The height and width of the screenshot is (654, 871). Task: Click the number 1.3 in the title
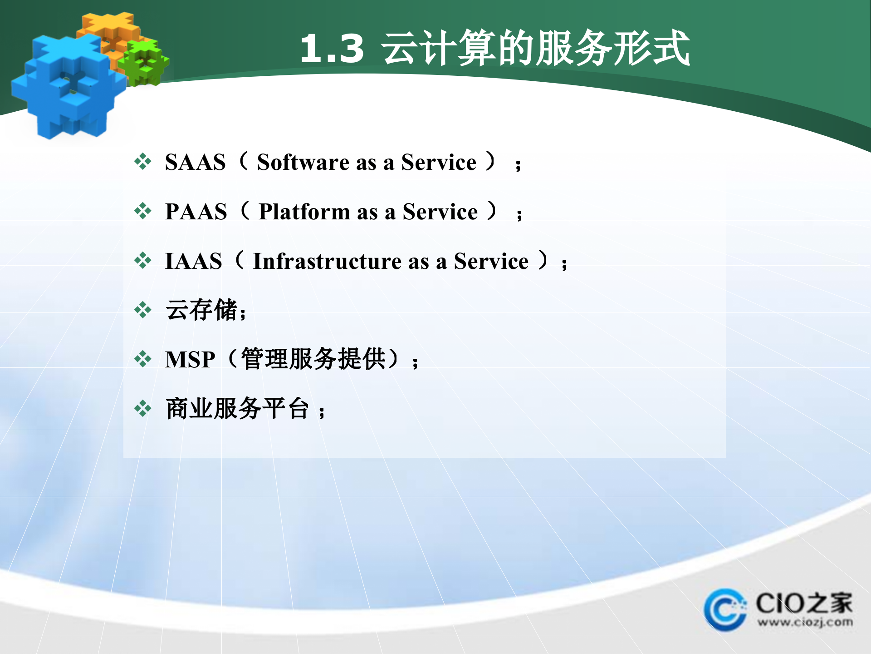click(x=332, y=49)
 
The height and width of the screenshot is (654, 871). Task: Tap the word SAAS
click(x=195, y=163)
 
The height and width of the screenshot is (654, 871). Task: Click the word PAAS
click(x=196, y=212)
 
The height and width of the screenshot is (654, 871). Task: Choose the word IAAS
click(x=194, y=262)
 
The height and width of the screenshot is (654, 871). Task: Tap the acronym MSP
click(x=190, y=360)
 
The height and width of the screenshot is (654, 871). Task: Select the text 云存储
click(x=202, y=310)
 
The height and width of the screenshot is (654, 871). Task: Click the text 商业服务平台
click(x=237, y=408)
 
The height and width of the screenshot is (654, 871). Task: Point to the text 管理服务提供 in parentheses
click(x=313, y=359)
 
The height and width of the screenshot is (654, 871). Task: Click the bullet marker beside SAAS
click(x=143, y=162)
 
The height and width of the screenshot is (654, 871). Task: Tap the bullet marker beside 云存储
click(x=143, y=310)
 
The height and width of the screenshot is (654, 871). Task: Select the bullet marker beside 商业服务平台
click(x=143, y=408)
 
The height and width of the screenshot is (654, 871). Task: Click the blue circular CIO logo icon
click(x=724, y=610)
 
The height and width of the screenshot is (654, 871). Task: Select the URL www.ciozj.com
click(x=805, y=622)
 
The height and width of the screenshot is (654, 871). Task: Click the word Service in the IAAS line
click(x=491, y=262)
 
